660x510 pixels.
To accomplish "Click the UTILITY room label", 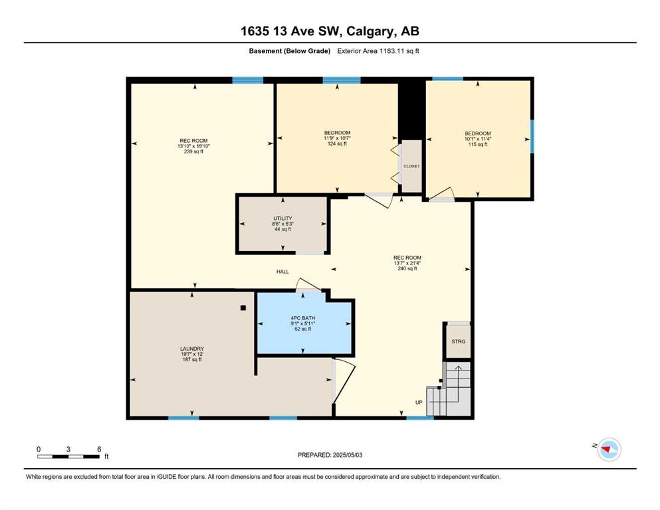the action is pyautogui.click(x=282, y=218).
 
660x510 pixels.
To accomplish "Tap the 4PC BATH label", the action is pyautogui.click(x=302, y=318).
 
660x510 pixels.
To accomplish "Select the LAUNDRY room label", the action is pyautogui.click(x=192, y=349).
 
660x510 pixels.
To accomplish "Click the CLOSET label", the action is pyautogui.click(x=411, y=167).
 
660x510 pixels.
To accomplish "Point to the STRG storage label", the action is pyautogui.click(x=459, y=342).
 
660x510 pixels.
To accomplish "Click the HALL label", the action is pyautogui.click(x=282, y=272).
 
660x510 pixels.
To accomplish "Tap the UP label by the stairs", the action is pyautogui.click(x=419, y=402).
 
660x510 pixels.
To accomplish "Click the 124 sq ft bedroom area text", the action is pyautogui.click(x=337, y=144).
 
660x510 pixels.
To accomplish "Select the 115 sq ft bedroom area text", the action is pyautogui.click(x=478, y=145).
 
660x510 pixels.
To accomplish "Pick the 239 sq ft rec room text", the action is pyautogui.click(x=193, y=152).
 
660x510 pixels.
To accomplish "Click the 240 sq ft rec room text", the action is pyautogui.click(x=407, y=269).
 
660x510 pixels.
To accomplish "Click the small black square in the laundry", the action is pyautogui.click(x=243, y=307).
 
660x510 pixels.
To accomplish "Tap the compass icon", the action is pyautogui.click(x=609, y=450).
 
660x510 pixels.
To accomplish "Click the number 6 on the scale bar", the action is pyautogui.click(x=99, y=449).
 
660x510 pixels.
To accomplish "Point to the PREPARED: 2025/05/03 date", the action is pyautogui.click(x=330, y=455).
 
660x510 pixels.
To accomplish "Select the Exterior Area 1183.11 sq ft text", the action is pyautogui.click(x=378, y=51).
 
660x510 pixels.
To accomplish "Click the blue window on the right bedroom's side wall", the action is pyautogui.click(x=532, y=137).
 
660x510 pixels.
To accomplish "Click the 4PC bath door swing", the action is pyautogui.click(x=308, y=285).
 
